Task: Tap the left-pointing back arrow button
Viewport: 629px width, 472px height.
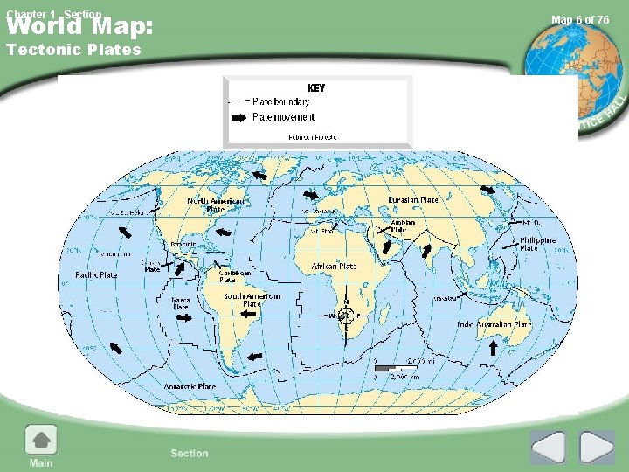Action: [x=549, y=448]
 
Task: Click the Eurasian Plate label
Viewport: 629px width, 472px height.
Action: [x=413, y=200]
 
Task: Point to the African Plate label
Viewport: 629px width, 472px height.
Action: [x=334, y=266]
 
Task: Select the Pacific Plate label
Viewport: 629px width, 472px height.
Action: [x=96, y=275]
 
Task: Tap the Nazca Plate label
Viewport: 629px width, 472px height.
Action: [x=181, y=303]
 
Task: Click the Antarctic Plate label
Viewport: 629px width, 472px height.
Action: [x=190, y=386]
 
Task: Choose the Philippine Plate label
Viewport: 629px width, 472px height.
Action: [x=537, y=244]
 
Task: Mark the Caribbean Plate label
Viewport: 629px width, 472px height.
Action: [x=234, y=276]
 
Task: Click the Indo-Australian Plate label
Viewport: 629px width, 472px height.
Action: [x=494, y=324]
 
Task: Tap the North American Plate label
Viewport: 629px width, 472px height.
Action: [x=215, y=205]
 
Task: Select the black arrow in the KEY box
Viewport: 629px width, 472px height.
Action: [x=238, y=117]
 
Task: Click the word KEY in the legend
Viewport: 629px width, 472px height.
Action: [x=315, y=88]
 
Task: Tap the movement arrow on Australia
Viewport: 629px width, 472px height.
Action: [x=493, y=347]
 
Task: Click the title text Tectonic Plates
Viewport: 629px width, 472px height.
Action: [x=73, y=50]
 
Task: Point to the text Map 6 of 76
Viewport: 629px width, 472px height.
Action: [x=580, y=20]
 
